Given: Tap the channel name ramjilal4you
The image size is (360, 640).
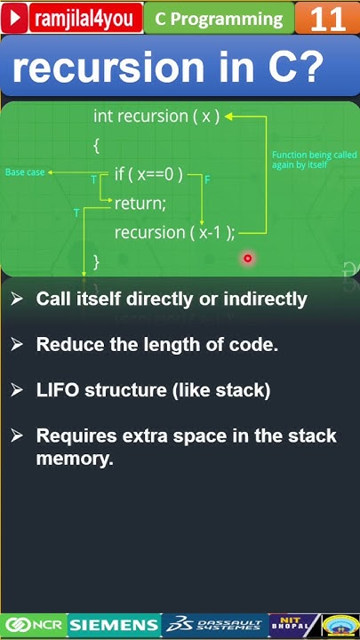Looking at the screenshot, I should (85, 19).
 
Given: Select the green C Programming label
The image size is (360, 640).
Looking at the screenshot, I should (218, 19).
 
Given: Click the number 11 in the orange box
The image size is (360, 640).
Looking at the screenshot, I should (327, 19).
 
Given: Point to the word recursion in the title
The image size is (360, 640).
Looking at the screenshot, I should (107, 68).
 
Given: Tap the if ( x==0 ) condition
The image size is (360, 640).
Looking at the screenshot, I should (148, 174).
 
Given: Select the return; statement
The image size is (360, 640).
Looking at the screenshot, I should (140, 204).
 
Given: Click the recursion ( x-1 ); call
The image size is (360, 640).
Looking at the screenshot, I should (174, 232).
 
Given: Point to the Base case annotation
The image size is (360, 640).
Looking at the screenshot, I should (25, 172).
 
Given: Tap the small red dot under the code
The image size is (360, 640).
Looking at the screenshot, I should (248, 259).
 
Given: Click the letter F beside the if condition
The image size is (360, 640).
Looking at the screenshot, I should (207, 180).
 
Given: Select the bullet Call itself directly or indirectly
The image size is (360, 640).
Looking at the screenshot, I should (172, 299).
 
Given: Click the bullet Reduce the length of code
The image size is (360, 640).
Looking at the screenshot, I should (156, 345).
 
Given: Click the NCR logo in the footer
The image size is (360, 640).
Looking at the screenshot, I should (34, 625).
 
